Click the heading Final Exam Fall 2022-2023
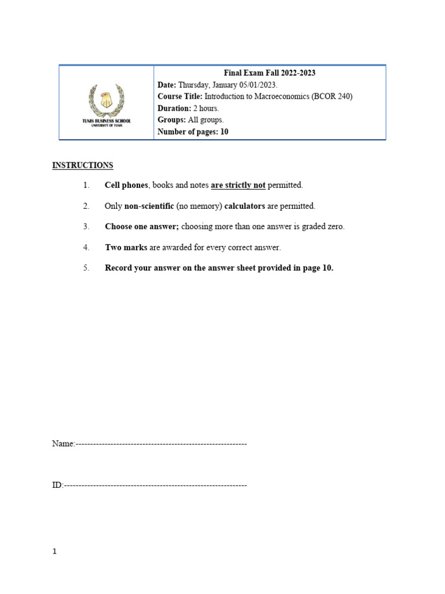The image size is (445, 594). pyautogui.click(x=269, y=73)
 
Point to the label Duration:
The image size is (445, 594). pyautogui.click(x=174, y=108)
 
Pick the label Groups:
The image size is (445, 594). pyautogui.click(x=172, y=120)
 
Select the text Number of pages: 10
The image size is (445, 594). pyautogui.click(x=193, y=132)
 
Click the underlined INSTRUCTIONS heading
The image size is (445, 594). pyautogui.click(x=83, y=165)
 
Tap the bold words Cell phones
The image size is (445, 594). pyautogui.click(x=126, y=185)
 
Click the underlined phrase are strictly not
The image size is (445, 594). pyautogui.click(x=238, y=185)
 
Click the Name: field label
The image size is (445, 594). pyautogui.click(x=63, y=444)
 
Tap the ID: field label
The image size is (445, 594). pyautogui.click(x=57, y=485)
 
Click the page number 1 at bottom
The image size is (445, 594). pyautogui.click(x=54, y=552)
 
